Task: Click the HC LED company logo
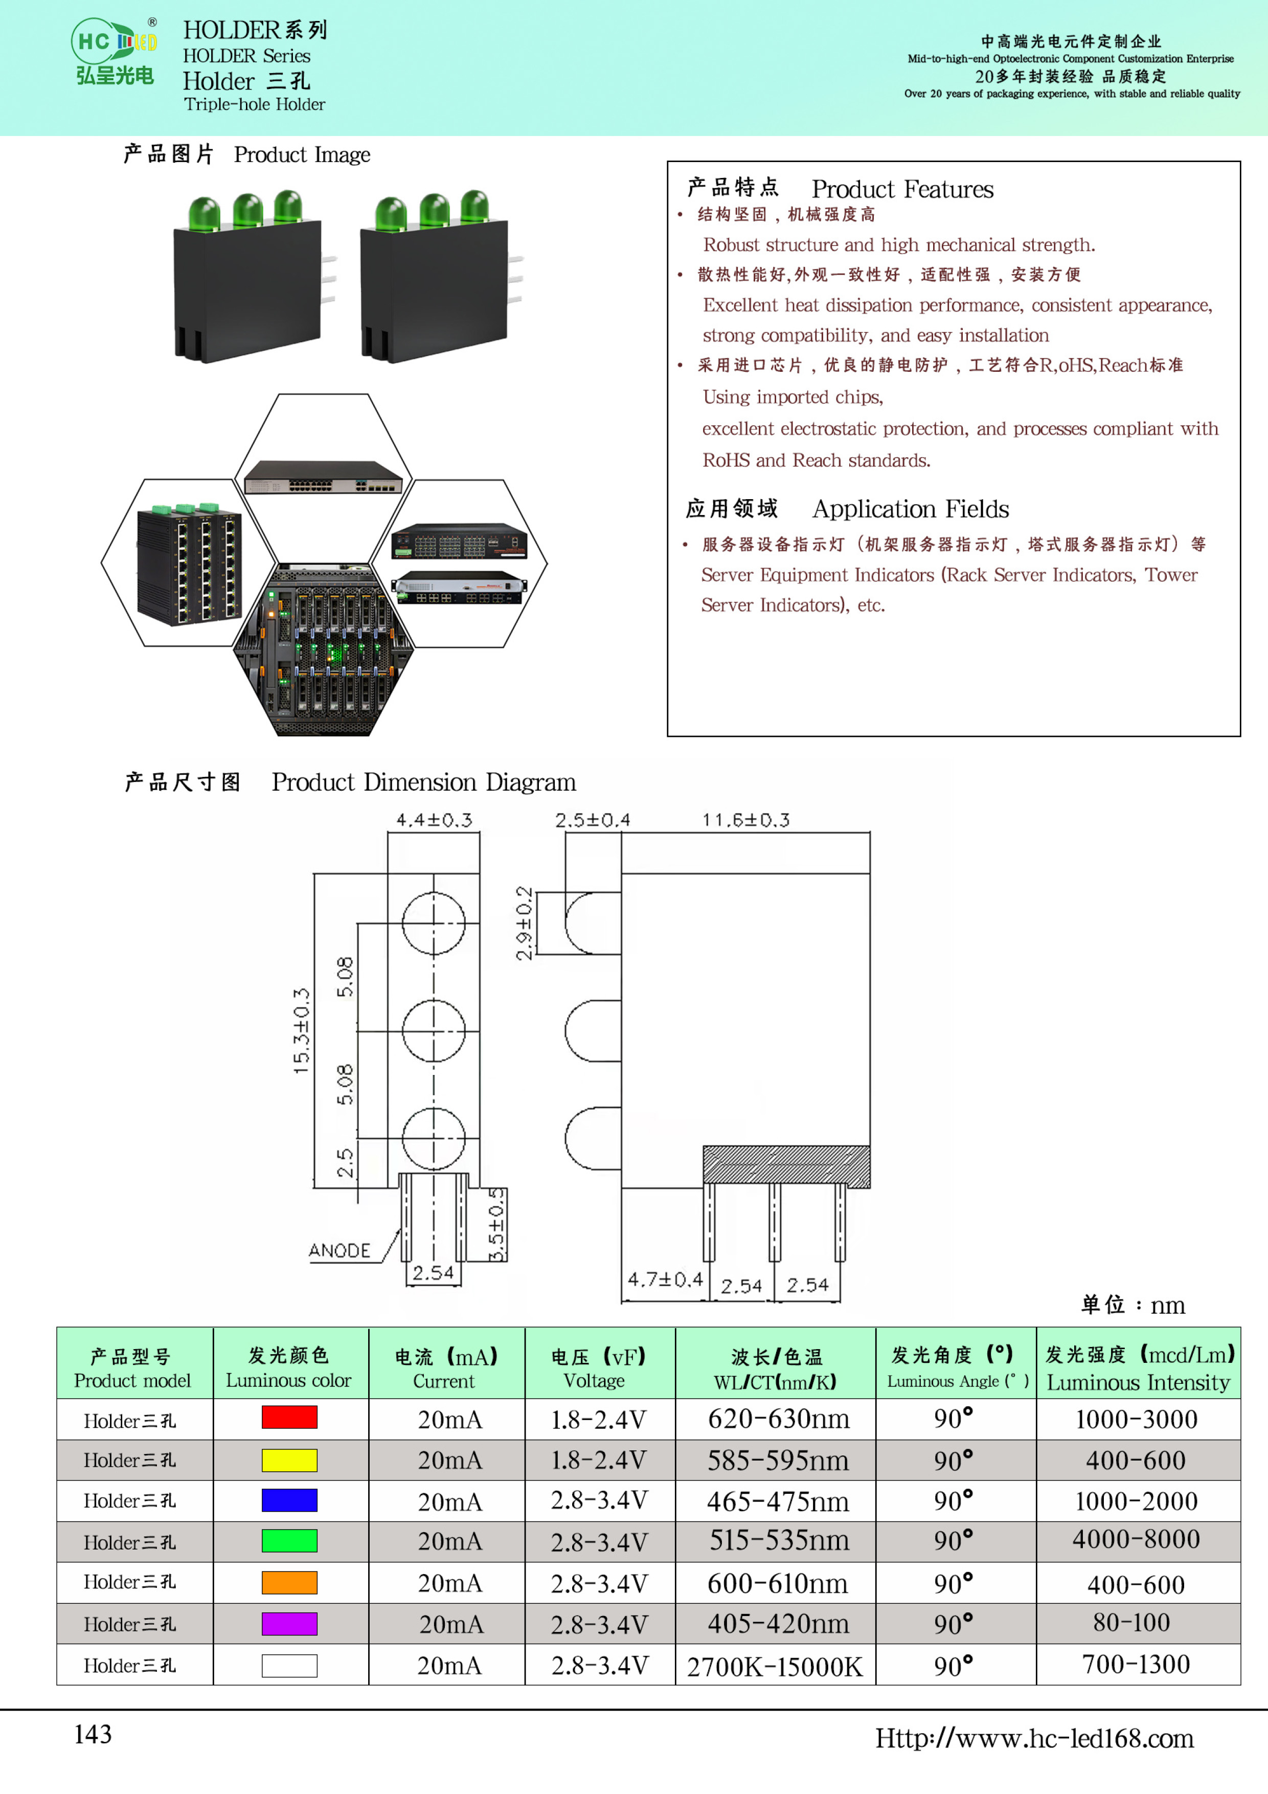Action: pos(115,51)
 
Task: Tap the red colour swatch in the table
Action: pos(289,1417)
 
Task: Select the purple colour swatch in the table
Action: pos(289,1624)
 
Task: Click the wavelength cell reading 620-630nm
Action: pos(778,1418)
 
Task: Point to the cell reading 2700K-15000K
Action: pos(775,1666)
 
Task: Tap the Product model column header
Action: pos(132,1368)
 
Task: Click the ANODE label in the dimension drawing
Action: pos(339,1250)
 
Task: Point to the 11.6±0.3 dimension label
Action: pos(745,820)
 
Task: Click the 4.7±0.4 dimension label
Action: pos(666,1279)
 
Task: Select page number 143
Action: pos(93,1734)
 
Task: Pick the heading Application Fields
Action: pos(911,509)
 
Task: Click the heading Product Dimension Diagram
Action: pos(423,782)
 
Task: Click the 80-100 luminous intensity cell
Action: pos(1131,1622)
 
